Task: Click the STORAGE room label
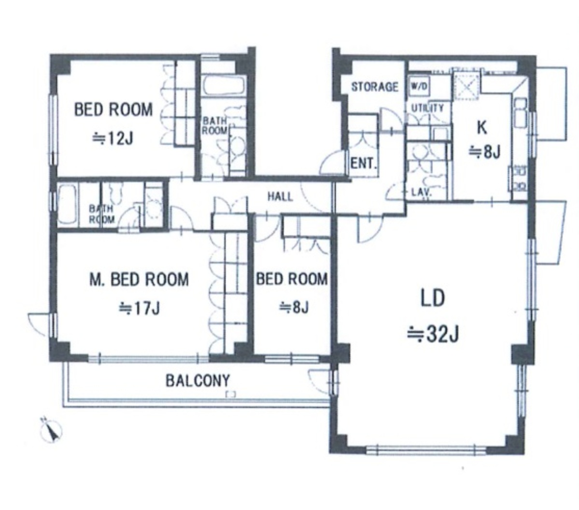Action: pos(374,87)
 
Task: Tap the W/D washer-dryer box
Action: pos(419,87)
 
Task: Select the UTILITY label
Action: pos(427,108)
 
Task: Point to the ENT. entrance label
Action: pos(364,163)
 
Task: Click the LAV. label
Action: pos(422,192)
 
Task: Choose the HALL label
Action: pos(280,197)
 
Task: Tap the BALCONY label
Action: pos(198,380)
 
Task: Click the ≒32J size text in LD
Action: pos(433,335)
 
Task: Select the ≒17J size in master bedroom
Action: pos(139,308)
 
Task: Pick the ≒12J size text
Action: pos(113,139)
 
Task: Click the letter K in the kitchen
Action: pos(482,128)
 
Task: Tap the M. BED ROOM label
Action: pos(139,280)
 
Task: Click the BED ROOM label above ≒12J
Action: pos(113,110)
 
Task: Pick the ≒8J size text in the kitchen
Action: pos(484,152)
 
